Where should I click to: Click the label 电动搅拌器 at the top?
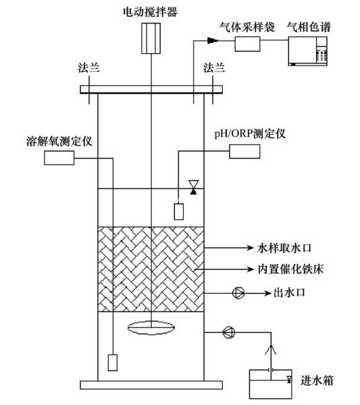click(153, 9)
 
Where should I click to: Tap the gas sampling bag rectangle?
click(247, 45)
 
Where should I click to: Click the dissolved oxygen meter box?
click(58, 158)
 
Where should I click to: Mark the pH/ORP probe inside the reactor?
click(179, 211)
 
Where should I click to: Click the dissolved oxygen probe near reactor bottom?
click(113, 363)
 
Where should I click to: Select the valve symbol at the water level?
click(194, 188)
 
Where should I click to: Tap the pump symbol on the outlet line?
click(238, 292)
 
